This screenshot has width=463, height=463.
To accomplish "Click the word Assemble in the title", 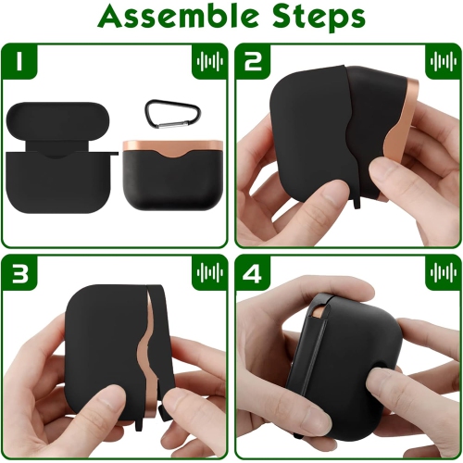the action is click(177, 17).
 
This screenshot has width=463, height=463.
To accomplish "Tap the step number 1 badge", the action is click(19, 61).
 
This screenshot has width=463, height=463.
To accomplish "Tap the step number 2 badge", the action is click(253, 61).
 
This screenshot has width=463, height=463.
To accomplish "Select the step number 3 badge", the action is click(19, 272).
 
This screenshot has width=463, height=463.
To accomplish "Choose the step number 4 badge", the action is click(253, 272).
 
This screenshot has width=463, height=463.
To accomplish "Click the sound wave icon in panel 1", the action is click(210, 61).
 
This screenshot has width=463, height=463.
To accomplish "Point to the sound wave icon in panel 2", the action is click(444, 61).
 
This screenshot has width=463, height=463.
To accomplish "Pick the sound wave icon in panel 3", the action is click(210, 272).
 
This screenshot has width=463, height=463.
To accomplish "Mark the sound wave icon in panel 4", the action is click(444, 272).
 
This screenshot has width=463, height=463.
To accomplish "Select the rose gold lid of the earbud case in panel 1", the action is click(173, 147).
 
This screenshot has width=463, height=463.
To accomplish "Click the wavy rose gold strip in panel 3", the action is click(149, 355).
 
